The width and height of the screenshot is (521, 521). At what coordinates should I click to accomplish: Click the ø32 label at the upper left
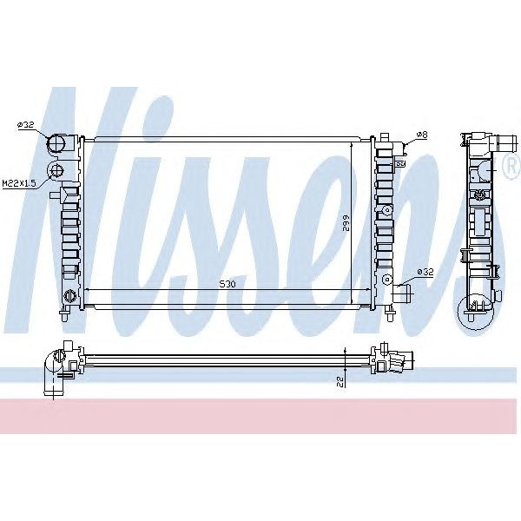point(25,126)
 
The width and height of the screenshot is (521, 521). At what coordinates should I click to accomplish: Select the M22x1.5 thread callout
point(19,183)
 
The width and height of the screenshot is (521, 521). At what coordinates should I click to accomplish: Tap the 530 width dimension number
point(226,284)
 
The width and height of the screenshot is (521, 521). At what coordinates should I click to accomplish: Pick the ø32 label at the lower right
point(425,272)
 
